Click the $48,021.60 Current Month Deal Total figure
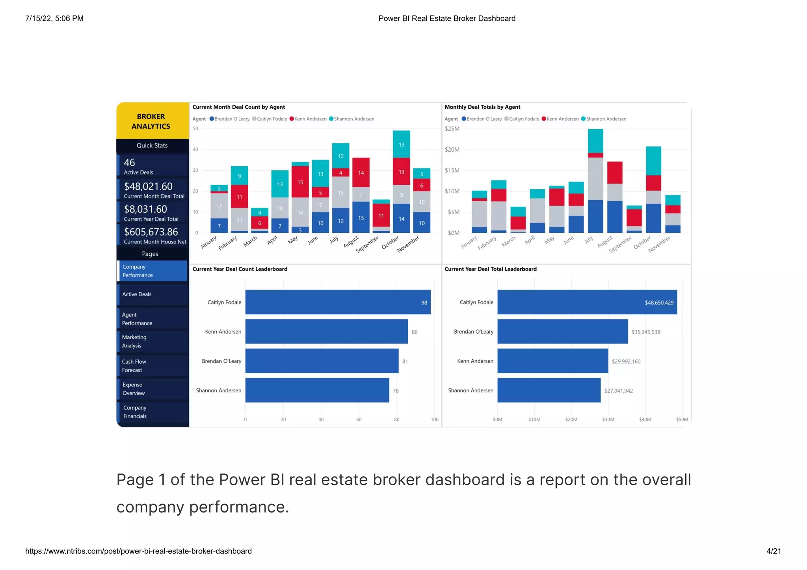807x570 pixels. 148,186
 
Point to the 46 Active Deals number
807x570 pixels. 129,163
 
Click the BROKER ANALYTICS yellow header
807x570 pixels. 151,121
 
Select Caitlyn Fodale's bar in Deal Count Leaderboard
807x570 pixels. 338,302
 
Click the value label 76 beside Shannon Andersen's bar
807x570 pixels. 396,391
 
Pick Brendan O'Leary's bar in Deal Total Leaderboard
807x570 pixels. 562,331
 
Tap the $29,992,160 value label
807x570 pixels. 626,361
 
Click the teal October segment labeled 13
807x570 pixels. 401,145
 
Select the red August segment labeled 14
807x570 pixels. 361,173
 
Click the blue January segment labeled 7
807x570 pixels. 219,226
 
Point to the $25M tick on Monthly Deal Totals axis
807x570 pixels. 452,129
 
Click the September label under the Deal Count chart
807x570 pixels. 367,244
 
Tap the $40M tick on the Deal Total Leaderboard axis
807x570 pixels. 645,420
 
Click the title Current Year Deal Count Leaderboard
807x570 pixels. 240,269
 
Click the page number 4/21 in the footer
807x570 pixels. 774,551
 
